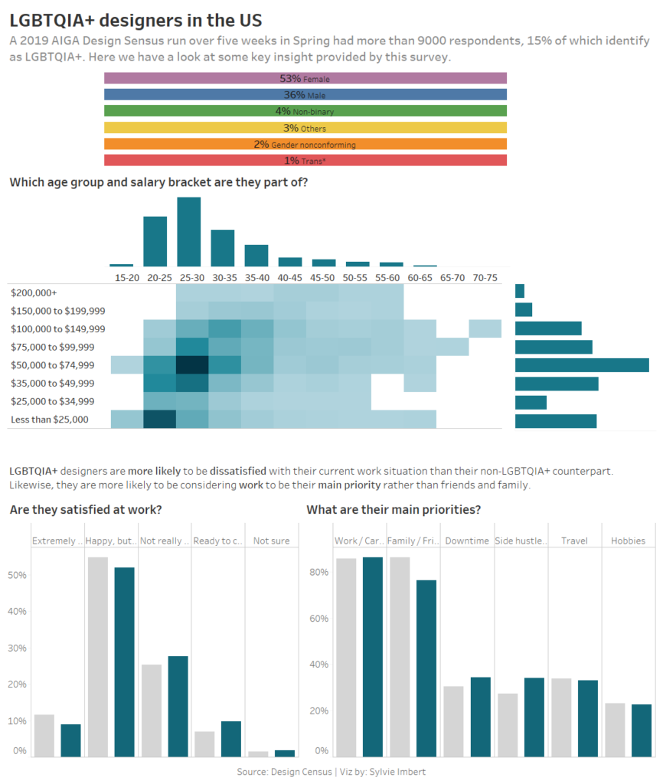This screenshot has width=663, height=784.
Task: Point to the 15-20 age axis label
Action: click(x=127, y=277)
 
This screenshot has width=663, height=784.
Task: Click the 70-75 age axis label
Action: click(x=485, y=277)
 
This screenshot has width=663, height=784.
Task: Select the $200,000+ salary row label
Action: click(x=34, y=292)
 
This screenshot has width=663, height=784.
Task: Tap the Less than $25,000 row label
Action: click(x=50, y=420)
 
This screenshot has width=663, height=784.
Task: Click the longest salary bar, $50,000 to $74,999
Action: click(x=582, y=365)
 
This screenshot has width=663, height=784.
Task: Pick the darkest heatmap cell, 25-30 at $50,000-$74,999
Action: click(x=192, y=365)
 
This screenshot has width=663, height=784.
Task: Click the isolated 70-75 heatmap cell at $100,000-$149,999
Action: click(x=485, y=328)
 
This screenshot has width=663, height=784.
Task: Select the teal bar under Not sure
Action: click(x=285, y=753)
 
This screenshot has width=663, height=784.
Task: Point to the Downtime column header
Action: click(x=468, y=541)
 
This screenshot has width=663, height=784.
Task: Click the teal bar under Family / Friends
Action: click(x=426, y=668)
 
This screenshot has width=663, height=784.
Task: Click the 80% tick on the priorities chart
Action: click(x=320, y=572)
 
